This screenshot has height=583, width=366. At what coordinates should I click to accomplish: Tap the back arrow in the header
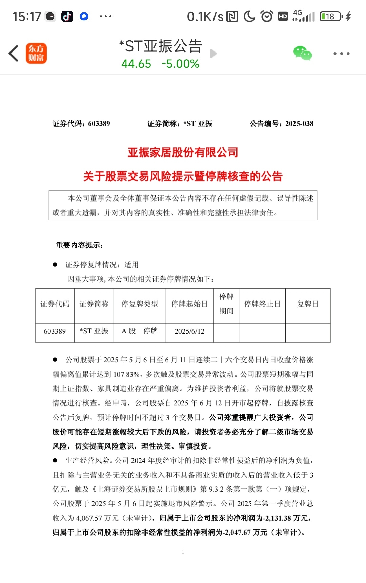(14, 54)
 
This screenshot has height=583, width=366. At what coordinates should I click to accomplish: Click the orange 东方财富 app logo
(36, 54)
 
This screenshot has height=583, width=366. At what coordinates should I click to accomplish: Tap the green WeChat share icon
(303, 54)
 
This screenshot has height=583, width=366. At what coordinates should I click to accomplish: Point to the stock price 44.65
(136, 64)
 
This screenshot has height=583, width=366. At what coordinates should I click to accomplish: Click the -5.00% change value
(180, 64)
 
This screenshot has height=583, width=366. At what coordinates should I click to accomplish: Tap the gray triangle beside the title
(213, 54)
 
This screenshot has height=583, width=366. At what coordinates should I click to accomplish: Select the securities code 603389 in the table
(55, 331)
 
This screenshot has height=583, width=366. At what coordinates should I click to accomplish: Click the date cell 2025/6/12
(189, 331)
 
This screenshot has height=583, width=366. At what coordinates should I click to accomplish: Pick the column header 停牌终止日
(262, 304)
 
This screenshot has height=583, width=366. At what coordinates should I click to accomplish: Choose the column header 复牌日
(308, 304)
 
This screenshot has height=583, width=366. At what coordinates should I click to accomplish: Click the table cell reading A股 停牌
(140, 331)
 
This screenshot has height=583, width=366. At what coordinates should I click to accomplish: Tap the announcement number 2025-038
(299, 124)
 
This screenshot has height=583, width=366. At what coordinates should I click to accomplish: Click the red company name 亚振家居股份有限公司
(183, 152)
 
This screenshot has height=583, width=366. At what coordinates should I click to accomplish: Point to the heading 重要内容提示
(79, 245)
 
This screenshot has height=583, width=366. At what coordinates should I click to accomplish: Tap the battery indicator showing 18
(331, 16)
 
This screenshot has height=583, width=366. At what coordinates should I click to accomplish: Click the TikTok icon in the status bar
(67, 16)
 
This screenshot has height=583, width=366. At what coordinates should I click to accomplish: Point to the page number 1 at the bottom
(183, 552)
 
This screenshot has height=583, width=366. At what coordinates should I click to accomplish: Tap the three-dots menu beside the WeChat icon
(341, 54)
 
